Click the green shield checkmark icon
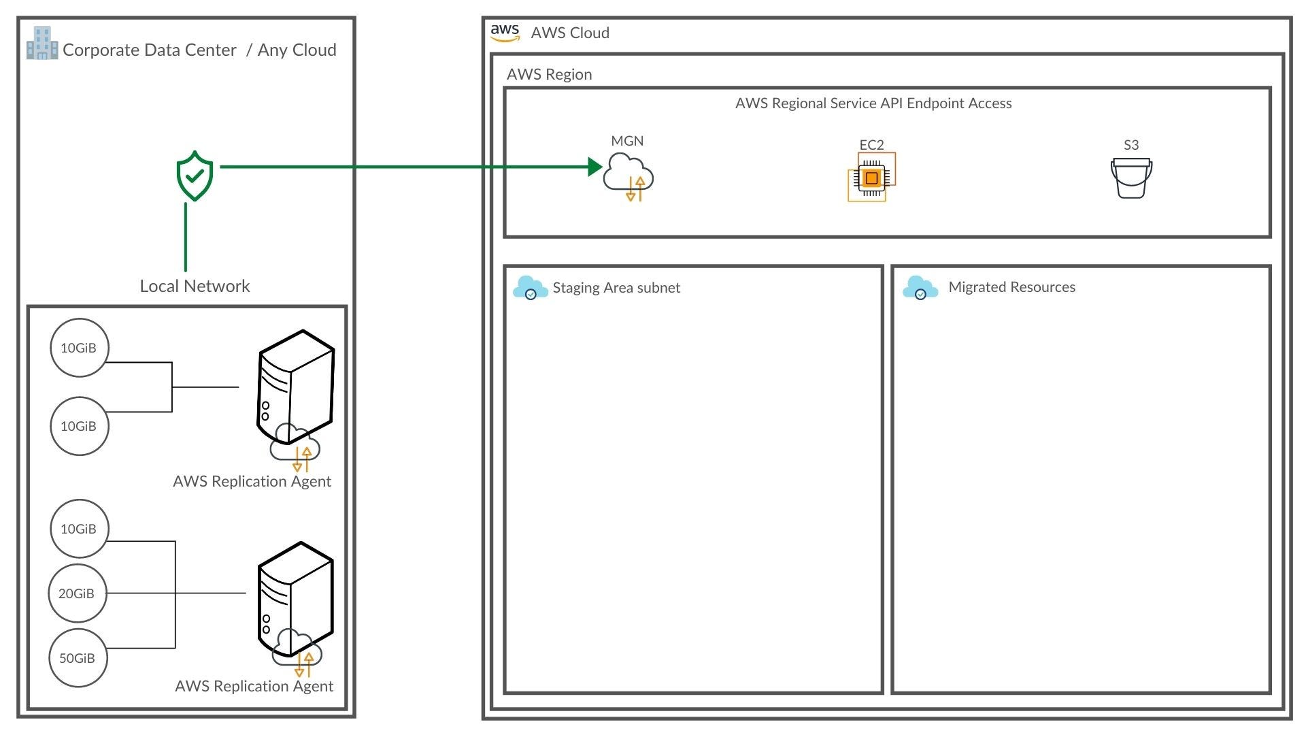click(195, 176)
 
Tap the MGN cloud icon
click(628, 177)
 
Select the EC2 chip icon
click(871, 178)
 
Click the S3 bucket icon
click(1131, 178)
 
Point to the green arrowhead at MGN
click(595, 167)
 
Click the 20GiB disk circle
click(77, 593)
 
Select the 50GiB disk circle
click(78, 658)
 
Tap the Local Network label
click(195, 286)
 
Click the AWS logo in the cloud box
click(505, 33)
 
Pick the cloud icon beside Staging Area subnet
click(531, 288)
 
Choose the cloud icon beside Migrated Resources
click(920, 288)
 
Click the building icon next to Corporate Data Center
click(42, 43)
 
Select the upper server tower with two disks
click(295, 387)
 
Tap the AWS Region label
click(549, 74)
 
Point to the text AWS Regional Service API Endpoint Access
click(873, 103)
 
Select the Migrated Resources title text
click(1011, 287)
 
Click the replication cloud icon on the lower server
click(297, 653)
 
